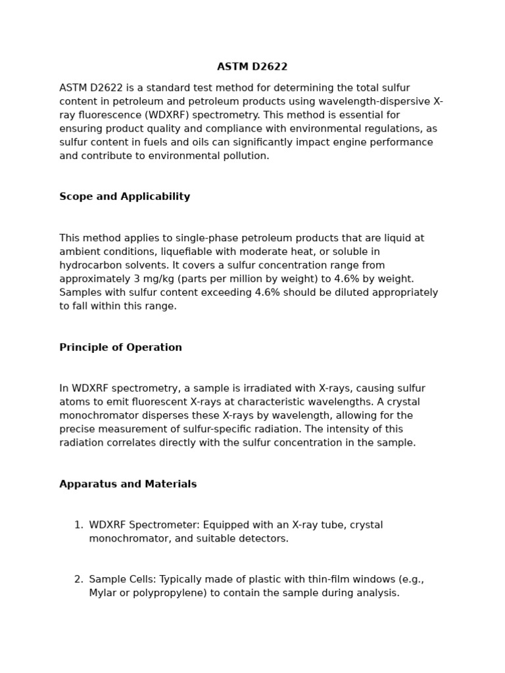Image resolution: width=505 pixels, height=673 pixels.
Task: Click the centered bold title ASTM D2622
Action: (x=252, y=67)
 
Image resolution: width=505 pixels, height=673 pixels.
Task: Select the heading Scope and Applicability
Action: (x=124, y=197)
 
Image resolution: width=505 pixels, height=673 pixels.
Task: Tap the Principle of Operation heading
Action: (x=120, y=348)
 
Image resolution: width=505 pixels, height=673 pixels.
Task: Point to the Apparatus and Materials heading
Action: (x=128, y=484)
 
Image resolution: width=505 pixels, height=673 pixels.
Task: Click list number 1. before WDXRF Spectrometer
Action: (x=78, y=525)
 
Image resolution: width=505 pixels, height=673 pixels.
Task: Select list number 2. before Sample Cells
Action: (x=78, y=580)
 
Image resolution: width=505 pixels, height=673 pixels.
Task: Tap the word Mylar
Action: (x=103, y=593)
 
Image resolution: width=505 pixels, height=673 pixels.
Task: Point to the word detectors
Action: (x=264, y=538)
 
